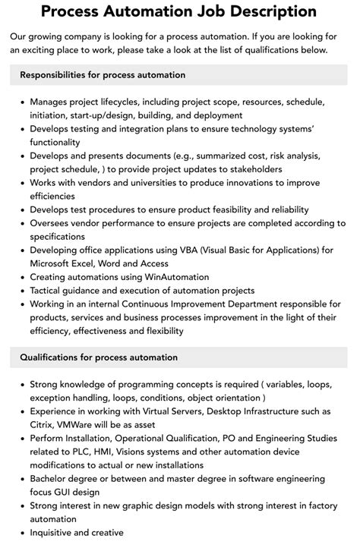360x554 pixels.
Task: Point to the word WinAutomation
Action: (172, 278)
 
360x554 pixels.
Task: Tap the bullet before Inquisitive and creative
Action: (22, 534)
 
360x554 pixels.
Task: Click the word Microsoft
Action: (54, 264)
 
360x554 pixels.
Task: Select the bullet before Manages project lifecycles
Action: (22, 102)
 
